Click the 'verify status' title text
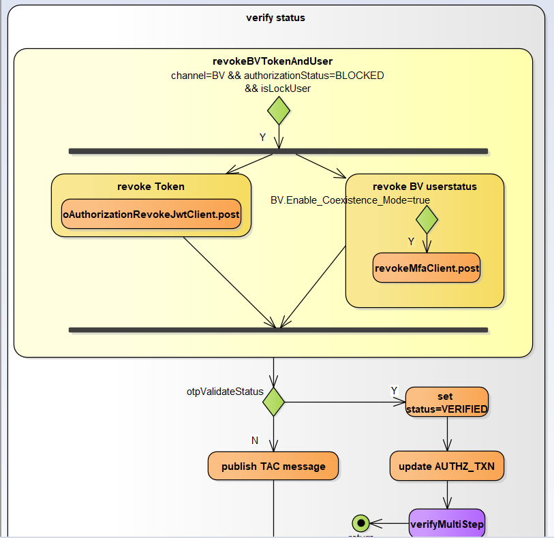tap(275, 18)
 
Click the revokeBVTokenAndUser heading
tap(273, 62)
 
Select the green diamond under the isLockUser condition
tap(279, 110)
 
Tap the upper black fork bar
tap(278, 151)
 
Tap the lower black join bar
tap(278, 330)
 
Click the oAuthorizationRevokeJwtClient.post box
tap(151, 214)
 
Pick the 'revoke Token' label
tap(151, 187)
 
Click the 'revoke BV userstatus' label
tap(425, 187)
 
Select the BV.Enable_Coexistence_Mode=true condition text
tap(350, 200)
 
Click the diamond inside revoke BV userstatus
tap(427, 219)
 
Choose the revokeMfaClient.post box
tap(427, 268)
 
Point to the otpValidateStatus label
tap(225, 392)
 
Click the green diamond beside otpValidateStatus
tap(273, 402)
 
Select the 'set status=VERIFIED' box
tap(446, 402)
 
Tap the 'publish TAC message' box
tap(273, 466)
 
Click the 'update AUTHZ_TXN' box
tap(447, 466)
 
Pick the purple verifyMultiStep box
tap(447, 524)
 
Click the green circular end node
tap(360, 523)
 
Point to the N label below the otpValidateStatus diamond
tap(255, 441)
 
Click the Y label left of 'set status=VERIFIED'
tap(394, 390)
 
